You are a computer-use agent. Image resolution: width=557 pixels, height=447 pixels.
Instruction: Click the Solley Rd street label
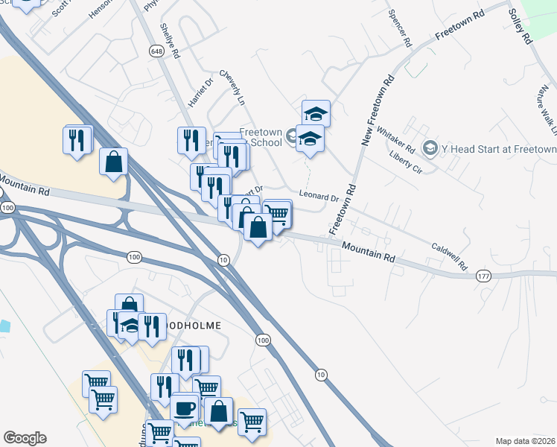(520, 25)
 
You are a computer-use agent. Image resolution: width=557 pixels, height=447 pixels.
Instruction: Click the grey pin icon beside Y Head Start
(430, 148)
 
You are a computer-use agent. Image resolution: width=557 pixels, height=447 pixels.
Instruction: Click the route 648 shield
(156, 51)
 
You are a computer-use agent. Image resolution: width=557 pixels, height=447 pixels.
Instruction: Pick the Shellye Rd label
(170, 40)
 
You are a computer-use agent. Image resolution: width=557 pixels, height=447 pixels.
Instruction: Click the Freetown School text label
(260, 137)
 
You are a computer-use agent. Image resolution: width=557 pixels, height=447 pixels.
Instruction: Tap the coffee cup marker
(184, 408)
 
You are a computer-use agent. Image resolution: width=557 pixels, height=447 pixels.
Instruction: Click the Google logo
(25, 438)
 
